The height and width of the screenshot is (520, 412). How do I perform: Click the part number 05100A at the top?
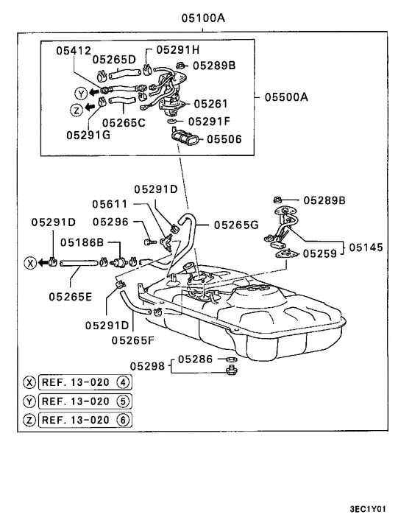point(203,18)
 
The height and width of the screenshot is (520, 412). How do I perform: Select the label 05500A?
point(286,96)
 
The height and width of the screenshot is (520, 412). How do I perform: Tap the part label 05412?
point(74,51)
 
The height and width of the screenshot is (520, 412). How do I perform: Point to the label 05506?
point(224,139)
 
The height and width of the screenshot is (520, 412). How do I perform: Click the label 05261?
point(210,104)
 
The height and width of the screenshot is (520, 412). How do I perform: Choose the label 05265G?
point(236,225)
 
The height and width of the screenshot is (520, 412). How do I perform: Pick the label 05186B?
point(82,242)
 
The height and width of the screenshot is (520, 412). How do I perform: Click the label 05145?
point(366,247)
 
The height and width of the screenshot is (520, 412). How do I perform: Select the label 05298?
point(147,366)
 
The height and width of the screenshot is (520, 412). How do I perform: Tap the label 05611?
point(110,204)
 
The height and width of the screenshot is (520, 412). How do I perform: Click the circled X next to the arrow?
point(30,263)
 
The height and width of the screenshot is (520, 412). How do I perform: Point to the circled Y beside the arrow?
point(81,94)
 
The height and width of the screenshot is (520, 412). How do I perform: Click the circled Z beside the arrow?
point(77,110)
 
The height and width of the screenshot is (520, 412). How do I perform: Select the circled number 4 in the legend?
point(123,382)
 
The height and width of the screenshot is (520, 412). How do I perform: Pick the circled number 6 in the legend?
point(123,420)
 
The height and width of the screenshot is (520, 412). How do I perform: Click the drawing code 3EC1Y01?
point(368,509)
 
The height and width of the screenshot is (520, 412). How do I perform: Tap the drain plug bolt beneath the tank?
point(231,370)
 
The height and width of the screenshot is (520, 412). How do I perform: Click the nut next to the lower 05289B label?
point(277,200)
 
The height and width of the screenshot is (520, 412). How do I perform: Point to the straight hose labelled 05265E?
point(79,263)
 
